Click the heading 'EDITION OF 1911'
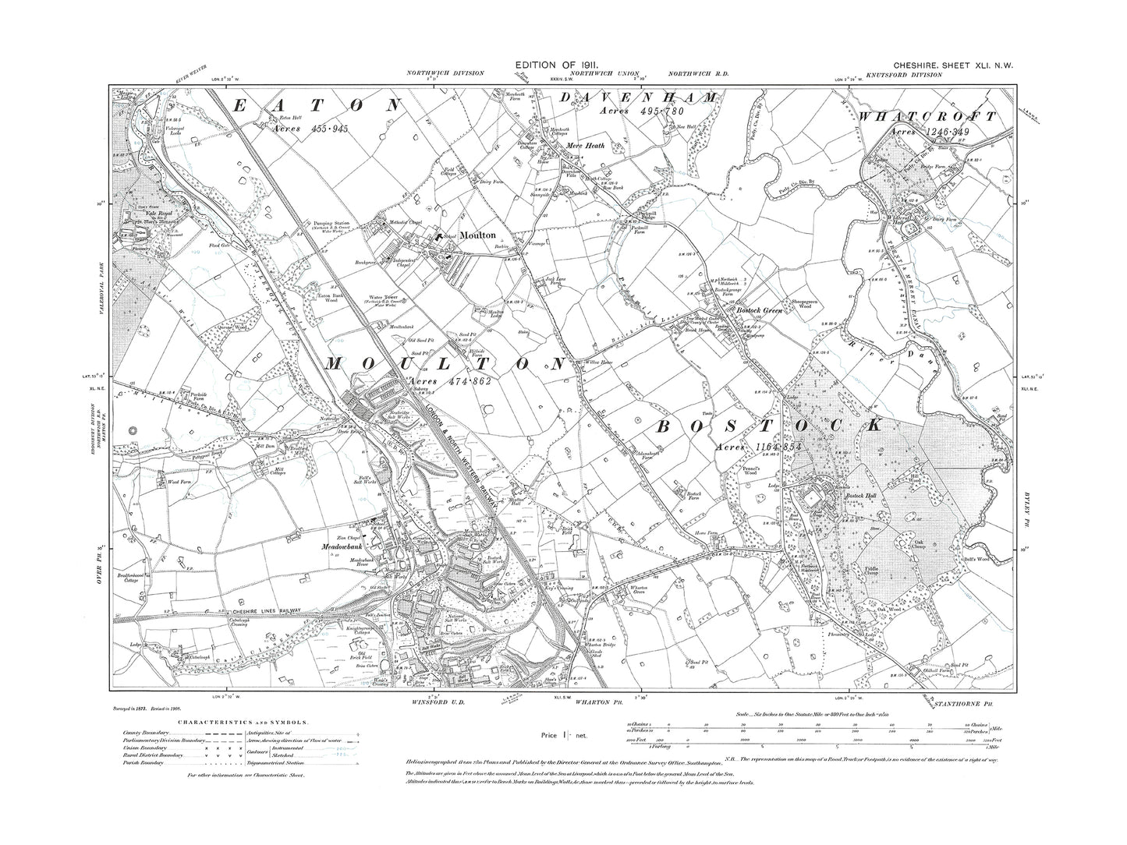click(x=563, y=64)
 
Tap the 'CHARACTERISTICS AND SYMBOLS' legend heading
click(x=205, y=723)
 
